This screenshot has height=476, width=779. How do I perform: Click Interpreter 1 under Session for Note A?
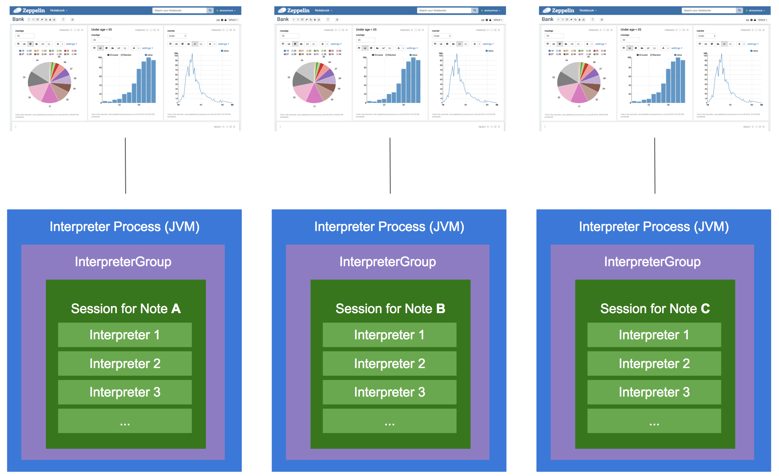[x=125, y=335]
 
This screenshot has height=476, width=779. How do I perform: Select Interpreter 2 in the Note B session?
[x=389, y=363]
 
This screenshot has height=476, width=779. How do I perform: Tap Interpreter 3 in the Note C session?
[x=654, y=392]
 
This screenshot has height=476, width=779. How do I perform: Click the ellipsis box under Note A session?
[x=125, y=421]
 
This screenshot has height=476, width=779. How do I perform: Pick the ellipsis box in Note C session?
[x=654, y=421]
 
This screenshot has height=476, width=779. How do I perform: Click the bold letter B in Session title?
[x=441, y=309]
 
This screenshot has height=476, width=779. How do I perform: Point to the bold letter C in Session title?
[x=705, y=309]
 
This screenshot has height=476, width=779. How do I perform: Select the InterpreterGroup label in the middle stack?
[x=388, y=262]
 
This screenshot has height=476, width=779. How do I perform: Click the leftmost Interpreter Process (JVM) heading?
[x=125, y=227]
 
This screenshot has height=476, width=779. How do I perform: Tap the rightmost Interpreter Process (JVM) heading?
[x=654, y=227]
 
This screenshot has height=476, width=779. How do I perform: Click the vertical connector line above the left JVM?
[x=126, y=166]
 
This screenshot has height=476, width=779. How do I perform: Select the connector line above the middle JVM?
[x=390, y=166]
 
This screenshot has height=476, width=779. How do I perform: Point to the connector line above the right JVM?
[x=655, y=166]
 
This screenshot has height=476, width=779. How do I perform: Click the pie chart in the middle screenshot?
[x=314, y=82]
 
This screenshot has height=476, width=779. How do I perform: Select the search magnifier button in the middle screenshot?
[x=475, y=10]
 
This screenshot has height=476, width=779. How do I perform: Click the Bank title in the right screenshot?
[x=547, y=19]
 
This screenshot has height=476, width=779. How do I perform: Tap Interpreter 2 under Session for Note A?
[x=125, y=363]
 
